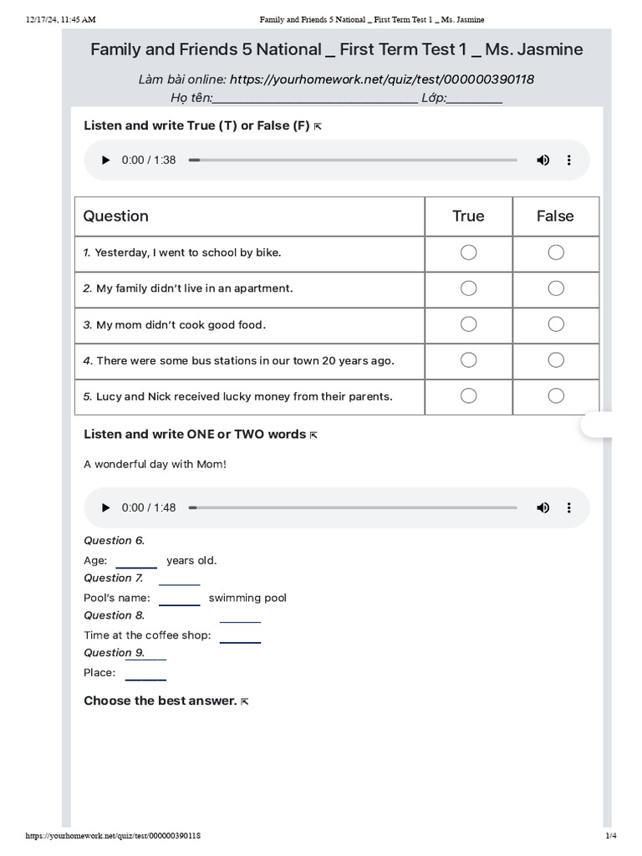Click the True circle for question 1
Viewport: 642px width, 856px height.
pyautogui.click(x=469, y=252)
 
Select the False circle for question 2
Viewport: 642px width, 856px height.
pyautogui.click(x=556, y=288)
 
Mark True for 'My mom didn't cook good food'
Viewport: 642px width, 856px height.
pyautogui.click(x=469, y=324)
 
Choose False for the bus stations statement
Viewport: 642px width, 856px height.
pyautogui.click(x=556, y=360)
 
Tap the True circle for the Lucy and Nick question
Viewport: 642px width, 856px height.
pyautogui.click(x=469, y=395)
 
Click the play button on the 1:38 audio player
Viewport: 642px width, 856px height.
pyautogui.click(x=105, y=160)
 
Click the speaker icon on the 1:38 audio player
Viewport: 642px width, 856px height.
pyautogui.click(x=543, y=160)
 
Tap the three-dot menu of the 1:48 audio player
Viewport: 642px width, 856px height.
pyautogui.click(x=569, y=507)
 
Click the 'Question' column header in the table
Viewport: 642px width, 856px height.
pyautogui.click(x=116, y=216)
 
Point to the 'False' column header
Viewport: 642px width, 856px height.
pyautogui.click(x=555, y=216)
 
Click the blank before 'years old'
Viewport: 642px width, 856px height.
pyautogui.click(x=136, y=561)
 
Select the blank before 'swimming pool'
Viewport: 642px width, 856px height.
pyautogui.click(x=180, y=598)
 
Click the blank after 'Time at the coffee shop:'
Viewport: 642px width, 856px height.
pyautogui.click(x=240, y=635)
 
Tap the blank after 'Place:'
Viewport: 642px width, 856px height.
pyautogui.click(x=145, y=673)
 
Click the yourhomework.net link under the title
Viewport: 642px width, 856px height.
pyautogui.click(x=382, y=79)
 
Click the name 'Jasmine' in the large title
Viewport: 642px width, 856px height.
pyautogui.click(x=551, y=49)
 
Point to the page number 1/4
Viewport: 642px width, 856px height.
pyautogui.click(x=610, y=836)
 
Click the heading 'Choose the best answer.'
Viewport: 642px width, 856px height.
pyautogui.click(x=160, y=701)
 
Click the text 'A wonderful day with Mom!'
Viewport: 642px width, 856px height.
pyautogui.click(x=155, y=464)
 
